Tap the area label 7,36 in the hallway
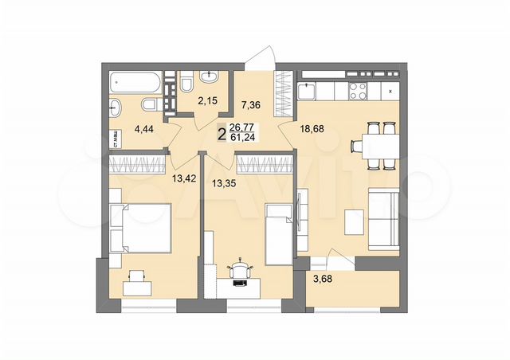pyautogui.click(x=252, y=104)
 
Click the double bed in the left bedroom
pyautogui.click(x=141, y=227)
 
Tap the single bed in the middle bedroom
pyautogui.click(x=280, y=233)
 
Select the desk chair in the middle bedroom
pyautogui.click(x=240, y=270)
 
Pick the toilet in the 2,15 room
pyautogui.click(x=184, y=83)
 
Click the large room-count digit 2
pyautogui.click(x=221, y=132)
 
